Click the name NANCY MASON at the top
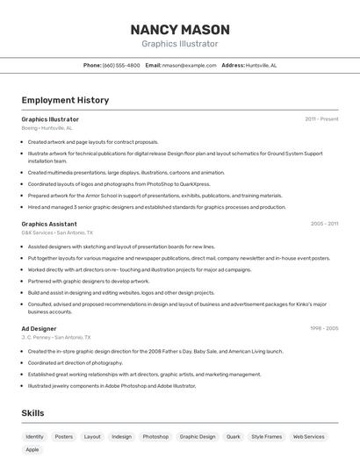[x=179, y=29]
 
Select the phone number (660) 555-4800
[x=121, y=65]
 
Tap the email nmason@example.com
[x=189, y=65]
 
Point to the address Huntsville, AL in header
[x=261, y=65]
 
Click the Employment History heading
[x=65, y=101]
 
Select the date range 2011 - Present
[x=321, y=118]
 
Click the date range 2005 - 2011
[x=324, y=224]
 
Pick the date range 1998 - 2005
[x=324, y=328]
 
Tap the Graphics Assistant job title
[x=49, y=224]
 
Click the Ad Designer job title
[x=39, y=328]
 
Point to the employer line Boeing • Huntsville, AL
[x=47, y=128]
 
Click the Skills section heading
[x=33, y=412]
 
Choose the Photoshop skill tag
[x=155, y=436]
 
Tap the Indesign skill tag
[x=121, y=436]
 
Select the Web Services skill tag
[x=308, y=436]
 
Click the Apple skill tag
[x=32, y=449]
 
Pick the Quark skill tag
[x=233, y=436]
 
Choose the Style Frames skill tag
[x=267, y=436]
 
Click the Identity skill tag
[x=34, y=436]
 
